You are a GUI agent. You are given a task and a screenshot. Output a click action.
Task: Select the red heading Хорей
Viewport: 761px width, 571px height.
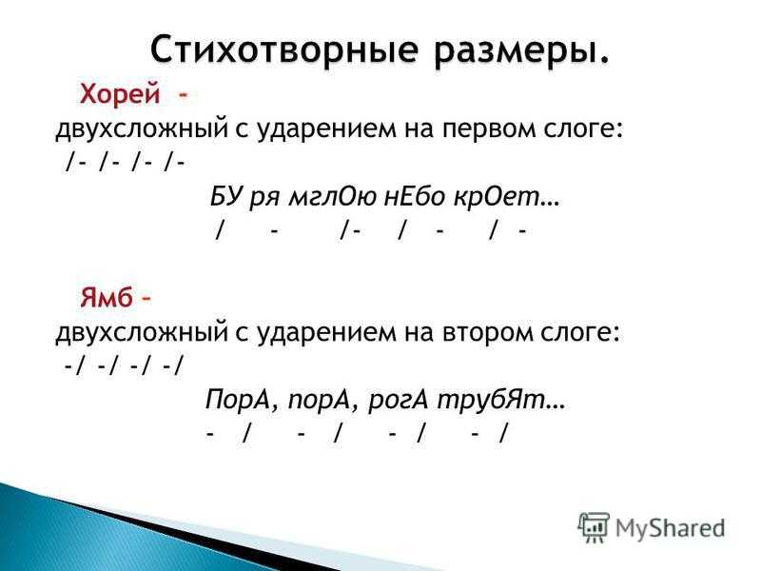[x=120, y=94]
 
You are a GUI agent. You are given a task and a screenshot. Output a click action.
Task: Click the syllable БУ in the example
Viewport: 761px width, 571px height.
[x=226, y=197]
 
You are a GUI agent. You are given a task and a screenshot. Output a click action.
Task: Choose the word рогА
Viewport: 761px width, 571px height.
[x=399, y=401]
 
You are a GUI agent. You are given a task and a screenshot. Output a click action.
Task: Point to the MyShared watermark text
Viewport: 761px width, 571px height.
[x=670, y=528]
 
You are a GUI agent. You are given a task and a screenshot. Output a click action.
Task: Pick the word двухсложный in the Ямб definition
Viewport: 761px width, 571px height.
[x=141, y=334]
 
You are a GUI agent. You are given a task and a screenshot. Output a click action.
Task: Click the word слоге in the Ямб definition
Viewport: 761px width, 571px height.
[x=580, y=333]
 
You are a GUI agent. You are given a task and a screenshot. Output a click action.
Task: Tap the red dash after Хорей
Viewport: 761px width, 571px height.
[x=183, y=95]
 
